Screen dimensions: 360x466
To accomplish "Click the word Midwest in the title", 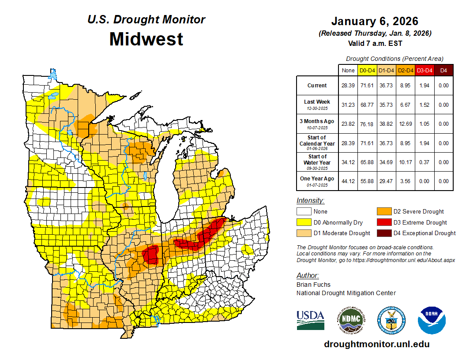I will (x=146, y=39).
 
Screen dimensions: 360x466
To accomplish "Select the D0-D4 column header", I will (x=367, y=70).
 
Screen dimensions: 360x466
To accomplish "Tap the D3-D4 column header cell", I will (x=425, y=70).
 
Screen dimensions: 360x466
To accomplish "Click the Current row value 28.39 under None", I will (x=348, y=86).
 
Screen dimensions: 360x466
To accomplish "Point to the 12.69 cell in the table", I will (x=405, y=124).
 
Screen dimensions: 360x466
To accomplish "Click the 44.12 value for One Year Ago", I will (x=348, y=181).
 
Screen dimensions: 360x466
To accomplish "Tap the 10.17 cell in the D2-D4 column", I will (x=405, y=162).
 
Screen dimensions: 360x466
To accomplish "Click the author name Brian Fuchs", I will (x=313, y=285).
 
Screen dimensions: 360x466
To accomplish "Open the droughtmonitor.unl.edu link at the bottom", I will (x=376, y=344).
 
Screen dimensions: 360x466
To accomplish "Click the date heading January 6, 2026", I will (x=375, y=21).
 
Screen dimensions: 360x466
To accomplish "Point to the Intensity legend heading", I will (x=310, y=201).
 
